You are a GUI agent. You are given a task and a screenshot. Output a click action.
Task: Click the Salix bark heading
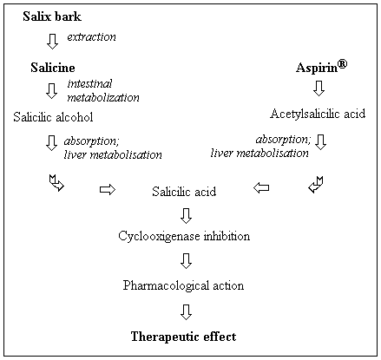point(52,16)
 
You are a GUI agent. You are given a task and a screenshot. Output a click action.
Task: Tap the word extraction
point(92,36)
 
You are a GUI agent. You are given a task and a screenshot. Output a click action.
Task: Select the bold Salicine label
point(53,68)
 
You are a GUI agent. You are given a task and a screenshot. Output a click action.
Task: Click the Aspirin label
point(317,69)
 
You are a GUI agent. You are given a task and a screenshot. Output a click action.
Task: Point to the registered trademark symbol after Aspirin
point(342,64)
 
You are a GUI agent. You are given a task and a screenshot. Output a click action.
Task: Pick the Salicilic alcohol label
point(53,117)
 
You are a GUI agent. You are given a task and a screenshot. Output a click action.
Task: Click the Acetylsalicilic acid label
point(318,114)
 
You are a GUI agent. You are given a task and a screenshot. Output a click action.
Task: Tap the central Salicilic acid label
point(184,192)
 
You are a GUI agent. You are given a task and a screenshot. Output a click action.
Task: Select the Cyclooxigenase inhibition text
point(184,236)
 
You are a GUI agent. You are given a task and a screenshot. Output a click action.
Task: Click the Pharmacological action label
point(183,285)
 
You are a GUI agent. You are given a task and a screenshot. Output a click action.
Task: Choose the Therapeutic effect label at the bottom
point(184,337)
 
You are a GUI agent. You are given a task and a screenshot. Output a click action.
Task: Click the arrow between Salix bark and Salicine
point(52,42)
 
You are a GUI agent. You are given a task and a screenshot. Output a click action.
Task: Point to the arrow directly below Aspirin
point(319,88)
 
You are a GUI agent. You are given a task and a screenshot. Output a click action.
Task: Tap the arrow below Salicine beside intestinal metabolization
point(52,91)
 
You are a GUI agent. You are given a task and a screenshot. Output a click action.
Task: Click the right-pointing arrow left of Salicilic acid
point(108,190)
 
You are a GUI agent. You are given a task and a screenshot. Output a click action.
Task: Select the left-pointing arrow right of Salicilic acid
point(261,188)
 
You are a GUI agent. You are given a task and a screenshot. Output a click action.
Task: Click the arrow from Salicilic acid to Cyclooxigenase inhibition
point(186,216)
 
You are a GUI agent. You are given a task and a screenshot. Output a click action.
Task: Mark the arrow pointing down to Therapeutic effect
point(186,312)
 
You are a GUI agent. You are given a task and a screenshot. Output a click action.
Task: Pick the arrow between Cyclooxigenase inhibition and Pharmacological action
point(186,261)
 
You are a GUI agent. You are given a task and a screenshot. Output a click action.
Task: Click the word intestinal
point(89,84)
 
